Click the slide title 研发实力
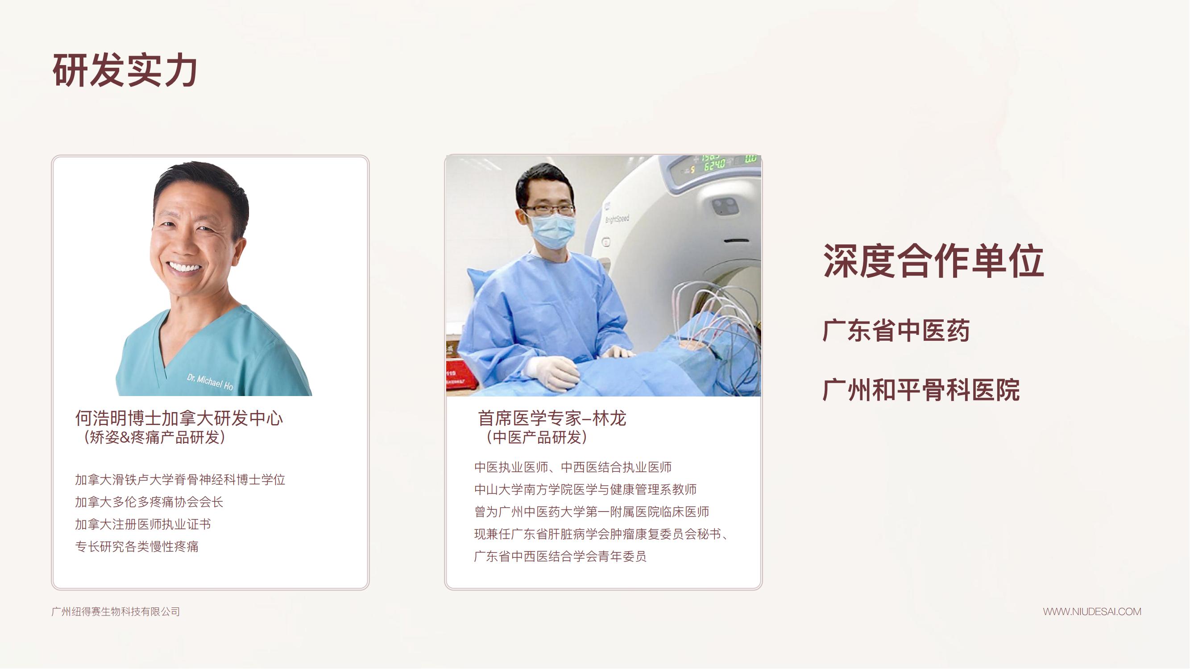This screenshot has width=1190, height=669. click(125, 70)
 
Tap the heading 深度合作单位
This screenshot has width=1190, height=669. click(933, 261)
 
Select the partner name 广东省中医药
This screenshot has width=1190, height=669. click(896, 330)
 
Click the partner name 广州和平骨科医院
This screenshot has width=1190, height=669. click(921, 390)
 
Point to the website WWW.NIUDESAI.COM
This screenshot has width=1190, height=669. click(1092, 612)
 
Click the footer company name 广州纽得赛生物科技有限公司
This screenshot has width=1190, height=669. click(116, 612)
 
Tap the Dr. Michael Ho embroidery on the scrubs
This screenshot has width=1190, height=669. click(210, 381)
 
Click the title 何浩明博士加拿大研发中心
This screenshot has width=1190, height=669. click(179, 418)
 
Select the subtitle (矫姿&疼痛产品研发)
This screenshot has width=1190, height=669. click(152, 437)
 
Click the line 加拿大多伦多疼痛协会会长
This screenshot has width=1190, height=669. click(149, 502)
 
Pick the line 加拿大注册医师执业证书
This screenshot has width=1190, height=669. click(143, 524)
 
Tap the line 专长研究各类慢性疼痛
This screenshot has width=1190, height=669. click(137, 547)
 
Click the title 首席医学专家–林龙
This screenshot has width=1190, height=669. click(552, 418)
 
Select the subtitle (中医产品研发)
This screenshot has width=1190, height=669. click(534, 437)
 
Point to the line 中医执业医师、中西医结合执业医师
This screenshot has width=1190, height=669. click(573, 467)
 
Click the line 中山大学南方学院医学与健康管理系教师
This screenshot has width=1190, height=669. click(586, 489)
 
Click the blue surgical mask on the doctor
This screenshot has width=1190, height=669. click(552, 231)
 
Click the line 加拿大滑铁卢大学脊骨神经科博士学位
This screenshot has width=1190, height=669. click(180, 480)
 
